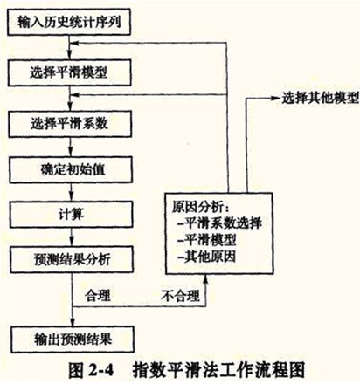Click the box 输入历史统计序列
click(69, 22)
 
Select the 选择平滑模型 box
click(69, 72)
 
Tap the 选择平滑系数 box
click(70, 124)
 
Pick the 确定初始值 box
click(71, 169)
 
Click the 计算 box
click(72, 215)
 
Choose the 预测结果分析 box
click(72, 259)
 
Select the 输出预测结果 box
click(73, 339)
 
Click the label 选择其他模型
click(320, 99)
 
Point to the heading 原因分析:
click(201, 207)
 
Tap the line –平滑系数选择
click(219, 223)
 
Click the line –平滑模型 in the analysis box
click(206, 240)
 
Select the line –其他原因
click(206, 257)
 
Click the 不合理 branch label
click(180, 296)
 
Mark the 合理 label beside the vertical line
click(98, 296)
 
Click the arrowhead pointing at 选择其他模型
click(275, 99)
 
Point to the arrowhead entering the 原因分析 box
click(205, 279)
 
